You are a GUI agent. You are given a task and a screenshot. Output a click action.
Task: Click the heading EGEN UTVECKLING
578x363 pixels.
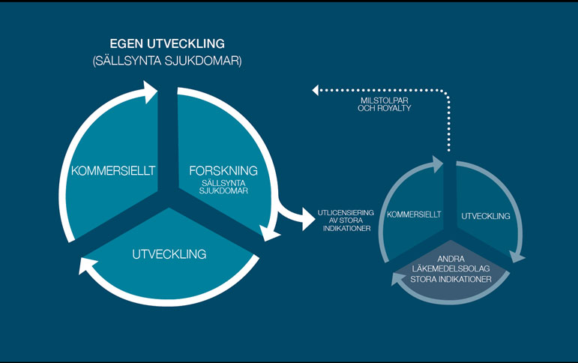pyautogui.click(x=166, y=43)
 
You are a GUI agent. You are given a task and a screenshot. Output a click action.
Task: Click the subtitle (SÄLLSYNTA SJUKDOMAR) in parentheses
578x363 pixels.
pyautogui.click(x=166, y=61)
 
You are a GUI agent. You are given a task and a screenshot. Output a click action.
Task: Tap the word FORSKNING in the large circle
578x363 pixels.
pyautogui.click(x=223, y=170)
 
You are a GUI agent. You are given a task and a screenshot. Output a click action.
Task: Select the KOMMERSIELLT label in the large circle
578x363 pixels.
pyautogui.click(x=113, y=171)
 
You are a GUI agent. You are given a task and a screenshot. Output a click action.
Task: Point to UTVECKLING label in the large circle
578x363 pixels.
pyautogui.click(x=169, y=254)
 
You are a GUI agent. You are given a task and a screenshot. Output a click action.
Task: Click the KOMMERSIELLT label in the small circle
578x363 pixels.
pyautogui.click(x=414, y=215)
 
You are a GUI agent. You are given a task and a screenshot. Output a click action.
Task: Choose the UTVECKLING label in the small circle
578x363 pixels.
pyautogui.click(x=486, y=216)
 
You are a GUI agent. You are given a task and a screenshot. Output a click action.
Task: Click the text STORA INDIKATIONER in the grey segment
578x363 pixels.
pyautogui.click(x=451, y=279)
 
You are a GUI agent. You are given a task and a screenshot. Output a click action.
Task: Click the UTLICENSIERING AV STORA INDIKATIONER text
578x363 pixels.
pyautogui.click(x=345, y=220)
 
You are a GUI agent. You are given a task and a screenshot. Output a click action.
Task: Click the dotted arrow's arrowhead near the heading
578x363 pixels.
pyautogui.click(x=316, y=91)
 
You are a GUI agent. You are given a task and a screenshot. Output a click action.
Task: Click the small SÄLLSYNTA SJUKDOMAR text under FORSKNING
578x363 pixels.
pyautogui.click(x=223, y=186)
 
